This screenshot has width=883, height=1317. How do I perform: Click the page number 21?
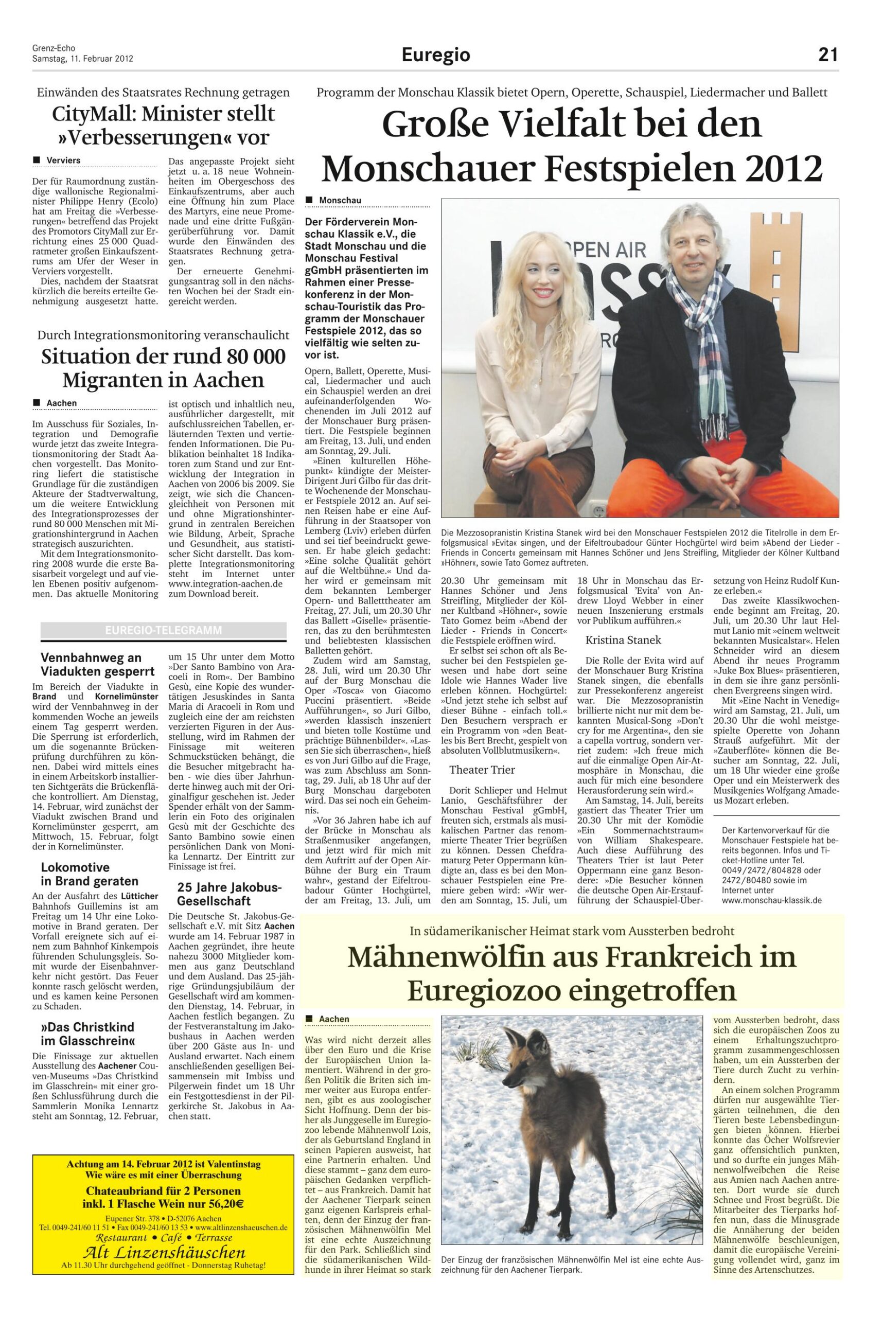point(828,55)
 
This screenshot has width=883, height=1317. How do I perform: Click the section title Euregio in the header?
point(436,55)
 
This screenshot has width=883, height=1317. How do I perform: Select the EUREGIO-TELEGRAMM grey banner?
point(163,631)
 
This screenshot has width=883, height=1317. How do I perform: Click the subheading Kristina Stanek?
point(623,640)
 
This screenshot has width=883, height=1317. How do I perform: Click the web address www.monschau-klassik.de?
point(771,900)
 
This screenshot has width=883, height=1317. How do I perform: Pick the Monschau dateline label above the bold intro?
point(340,201)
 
